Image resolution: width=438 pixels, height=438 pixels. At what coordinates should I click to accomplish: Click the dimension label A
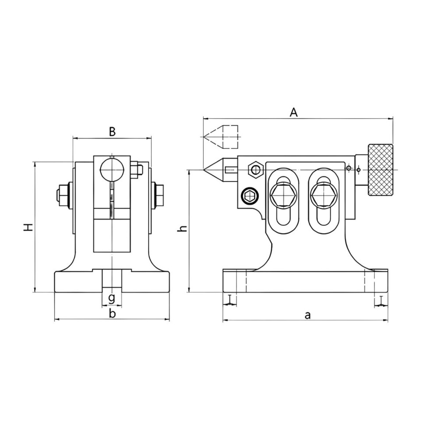[x=294, y=112]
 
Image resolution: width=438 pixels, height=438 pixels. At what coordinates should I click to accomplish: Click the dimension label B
[x=112, y=131]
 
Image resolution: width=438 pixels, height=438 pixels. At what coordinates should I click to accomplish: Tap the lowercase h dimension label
[x=183, y=229]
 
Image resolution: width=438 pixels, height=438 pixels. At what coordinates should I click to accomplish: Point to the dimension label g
[x=111, y=299]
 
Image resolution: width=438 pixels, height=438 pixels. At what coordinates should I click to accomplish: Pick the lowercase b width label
[x=112, y=314]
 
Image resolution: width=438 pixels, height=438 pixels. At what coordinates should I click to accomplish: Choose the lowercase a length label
[x=307, y=315]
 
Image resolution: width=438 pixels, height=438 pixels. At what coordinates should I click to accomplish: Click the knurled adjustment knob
[x=381, y=170]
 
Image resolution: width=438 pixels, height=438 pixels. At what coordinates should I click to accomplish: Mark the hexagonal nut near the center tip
[x=255, y=169]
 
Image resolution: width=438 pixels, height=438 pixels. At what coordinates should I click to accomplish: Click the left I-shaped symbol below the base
[x=230, y=300]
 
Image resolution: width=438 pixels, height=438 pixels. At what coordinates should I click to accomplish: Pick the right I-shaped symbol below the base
[x=381, y=301]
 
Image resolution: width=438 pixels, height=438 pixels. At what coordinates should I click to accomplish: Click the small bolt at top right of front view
[x=137, y=170]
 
